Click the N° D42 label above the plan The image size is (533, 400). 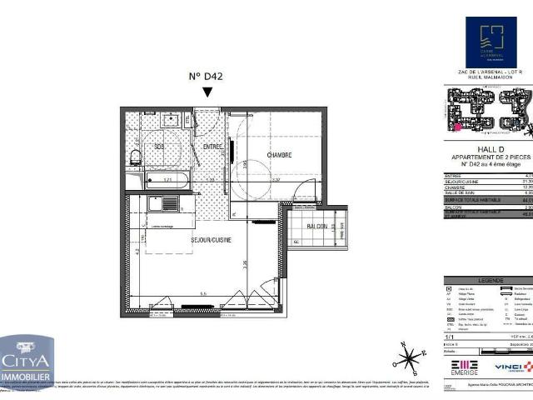[207, 77]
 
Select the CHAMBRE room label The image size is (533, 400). [279, 156]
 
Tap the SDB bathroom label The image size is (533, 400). [159, 147]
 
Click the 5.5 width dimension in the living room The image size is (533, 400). [203, 294]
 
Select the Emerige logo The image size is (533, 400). [465, 367]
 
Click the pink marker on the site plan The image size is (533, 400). [457, 127]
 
